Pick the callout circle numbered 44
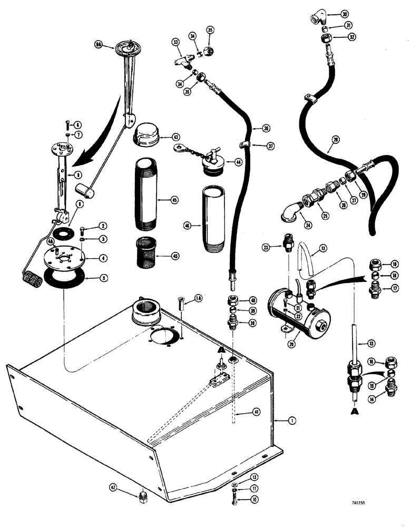239,163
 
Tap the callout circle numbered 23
266,247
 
